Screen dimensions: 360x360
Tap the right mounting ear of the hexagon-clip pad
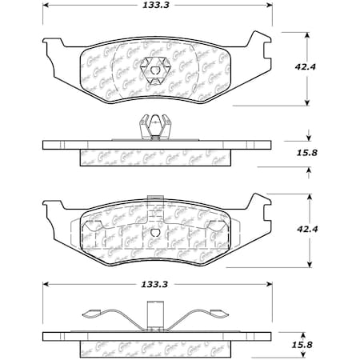coord(258,40)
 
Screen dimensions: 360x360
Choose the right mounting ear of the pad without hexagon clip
coord(258,200)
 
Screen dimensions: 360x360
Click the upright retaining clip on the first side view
coord(152,128)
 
